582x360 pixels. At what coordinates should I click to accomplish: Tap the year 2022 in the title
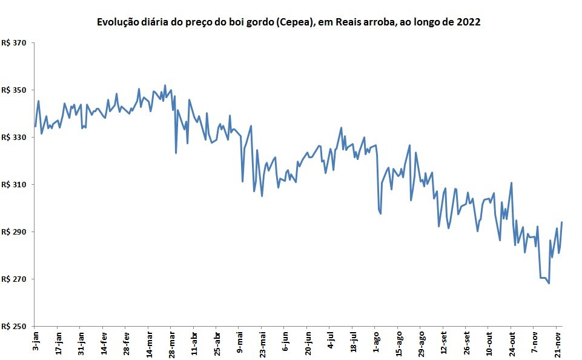click(x=468, y=22)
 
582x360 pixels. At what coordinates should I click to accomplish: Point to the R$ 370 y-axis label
click(x=14, y=43)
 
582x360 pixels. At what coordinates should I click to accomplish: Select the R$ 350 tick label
click(x=14, y=90)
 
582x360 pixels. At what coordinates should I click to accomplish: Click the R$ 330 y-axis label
click(x=14, y=138)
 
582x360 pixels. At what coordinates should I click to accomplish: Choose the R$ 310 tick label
click(x=14, y=185)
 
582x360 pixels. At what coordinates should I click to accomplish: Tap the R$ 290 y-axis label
click(x=14, y=232)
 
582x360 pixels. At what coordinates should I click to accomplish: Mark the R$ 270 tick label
click(x=14, y=279)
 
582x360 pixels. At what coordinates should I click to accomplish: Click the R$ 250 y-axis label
click(x=14, y=326)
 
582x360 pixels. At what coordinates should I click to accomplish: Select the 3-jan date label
click(x=36, y=341)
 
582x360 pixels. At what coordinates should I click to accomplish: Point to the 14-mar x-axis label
click(x=149, y=344)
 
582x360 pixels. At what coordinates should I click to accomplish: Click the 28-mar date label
click(x=172, y=344)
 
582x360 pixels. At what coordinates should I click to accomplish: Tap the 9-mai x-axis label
click(x=240, y=342)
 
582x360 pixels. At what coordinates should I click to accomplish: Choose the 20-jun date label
click(x=308, y=344)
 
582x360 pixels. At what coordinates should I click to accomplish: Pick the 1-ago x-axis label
click(x=376, y=342)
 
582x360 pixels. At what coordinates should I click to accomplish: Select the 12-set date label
click(x=444, y=343)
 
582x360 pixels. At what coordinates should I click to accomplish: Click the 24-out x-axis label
click(x=512, y=344)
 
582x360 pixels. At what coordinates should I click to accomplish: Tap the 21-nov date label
click(x=558, y=344)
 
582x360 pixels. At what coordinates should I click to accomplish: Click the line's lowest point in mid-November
click(x=549, y=284)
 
